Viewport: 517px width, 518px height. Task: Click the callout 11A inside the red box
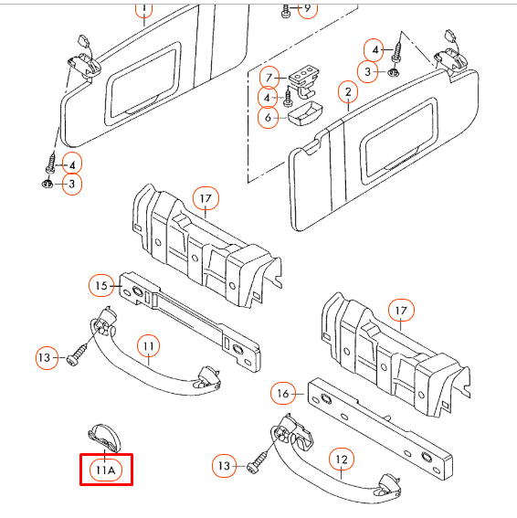pyautogui.click(x=105, y=470)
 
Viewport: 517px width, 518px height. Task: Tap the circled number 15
pyautogui.click(x=100, y=285)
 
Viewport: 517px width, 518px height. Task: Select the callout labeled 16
pyautogui.click(x=283, y=393)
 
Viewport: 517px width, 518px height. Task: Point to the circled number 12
pyautogui.click(x=342, y=460)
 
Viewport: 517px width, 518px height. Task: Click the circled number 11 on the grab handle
pyautogui.click(x=149, y=346)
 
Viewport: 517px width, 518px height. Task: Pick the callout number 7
pyautogui.click(x=269, y=78)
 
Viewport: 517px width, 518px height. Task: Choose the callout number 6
pyautogui.click(x=268, y=117)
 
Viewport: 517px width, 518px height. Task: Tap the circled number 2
pyautogui.click(x=348, y=92)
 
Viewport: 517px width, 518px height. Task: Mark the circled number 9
pyautogui.click(x=308, y=8)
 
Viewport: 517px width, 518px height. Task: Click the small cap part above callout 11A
pyautogui.click(x=105, y=438)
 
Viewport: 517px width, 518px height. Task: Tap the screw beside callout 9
pyautogui.click(x=286, y=11)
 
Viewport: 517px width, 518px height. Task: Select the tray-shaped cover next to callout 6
pyautogui.click(x=305, y=113)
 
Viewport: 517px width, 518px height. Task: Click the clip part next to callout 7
pyautogui.click(x=304, y=81)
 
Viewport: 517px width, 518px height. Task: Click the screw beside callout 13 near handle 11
pyautogui.click(x=78, y=354)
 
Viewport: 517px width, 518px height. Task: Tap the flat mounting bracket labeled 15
pyautogui.click(x=190, y=320)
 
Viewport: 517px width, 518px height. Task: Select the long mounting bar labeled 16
pyautogui.click(x=380, y=429)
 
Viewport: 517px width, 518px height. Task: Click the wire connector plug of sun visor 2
pyautogui.click(x=450, y=36)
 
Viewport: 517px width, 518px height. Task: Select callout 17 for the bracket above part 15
pyautogui.click(x=206, y=198)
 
